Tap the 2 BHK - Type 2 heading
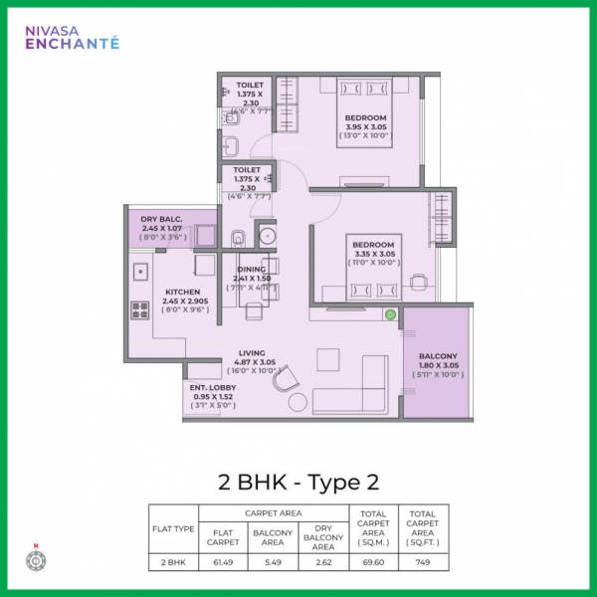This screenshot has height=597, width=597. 298,483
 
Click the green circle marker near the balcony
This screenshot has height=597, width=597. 391,314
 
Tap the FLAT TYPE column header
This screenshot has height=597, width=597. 173,528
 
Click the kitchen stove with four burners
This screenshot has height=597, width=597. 139,309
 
